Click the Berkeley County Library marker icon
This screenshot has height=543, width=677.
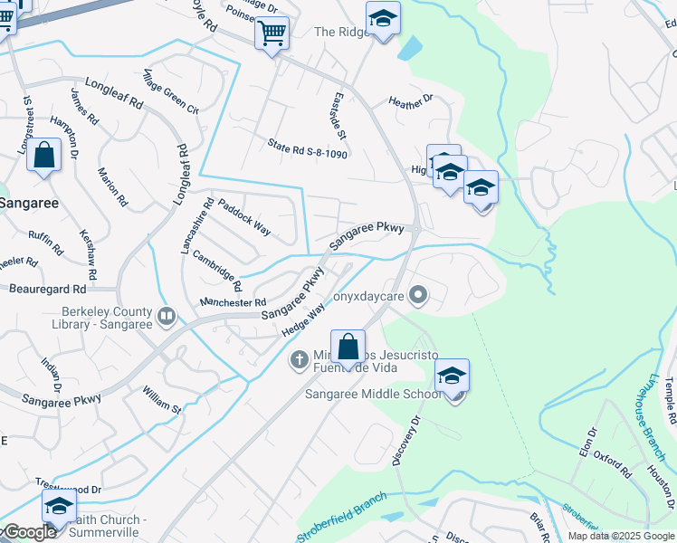tap(167, 317)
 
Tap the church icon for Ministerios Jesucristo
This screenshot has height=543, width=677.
tap(299, 360)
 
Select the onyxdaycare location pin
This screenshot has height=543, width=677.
tap(417, 294)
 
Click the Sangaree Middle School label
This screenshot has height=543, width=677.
tap(373, 394)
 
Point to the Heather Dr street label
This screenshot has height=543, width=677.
tap(411, 103)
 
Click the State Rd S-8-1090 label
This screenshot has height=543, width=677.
tap(308, 149)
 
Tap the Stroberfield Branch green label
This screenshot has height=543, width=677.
tap(343, 518)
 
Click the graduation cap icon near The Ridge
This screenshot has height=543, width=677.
tap(383, 18)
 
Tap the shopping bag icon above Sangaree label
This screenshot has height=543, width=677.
tap(43, 156)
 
